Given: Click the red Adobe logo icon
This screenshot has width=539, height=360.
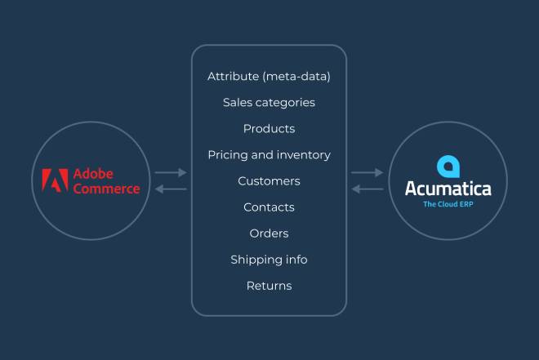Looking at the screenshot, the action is pyautogui.click(x=55, y=180).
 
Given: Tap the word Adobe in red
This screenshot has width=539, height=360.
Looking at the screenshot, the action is pyautogui.click(x=93, y=174).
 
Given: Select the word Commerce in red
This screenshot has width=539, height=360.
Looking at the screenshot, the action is pyautogui.click(x=106, y=189).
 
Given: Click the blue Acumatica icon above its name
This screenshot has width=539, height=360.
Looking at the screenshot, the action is pyautogui.click(x=448, y=167).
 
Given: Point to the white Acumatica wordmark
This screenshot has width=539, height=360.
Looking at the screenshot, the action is pyautogui.click(x=448, y=189).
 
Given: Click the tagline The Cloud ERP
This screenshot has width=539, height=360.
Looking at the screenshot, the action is pyautogui.click(x=448, y=204).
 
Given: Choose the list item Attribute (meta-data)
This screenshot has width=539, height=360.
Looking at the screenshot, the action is pyautogui.click(x=269, y=76).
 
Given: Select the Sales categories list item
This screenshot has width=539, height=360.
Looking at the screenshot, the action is pyautogui.click(x=269, y=102).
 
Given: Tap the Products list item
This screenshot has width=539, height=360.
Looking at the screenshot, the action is pyautogui.click(x=269, y=128).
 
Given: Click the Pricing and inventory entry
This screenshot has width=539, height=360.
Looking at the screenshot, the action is pyautogui.click(x=269, y=155).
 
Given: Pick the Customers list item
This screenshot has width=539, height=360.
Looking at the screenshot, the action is pyautogui.click(x=269, y=181).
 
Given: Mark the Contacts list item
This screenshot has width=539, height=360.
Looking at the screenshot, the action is pyautogui.click(x=269, y=207).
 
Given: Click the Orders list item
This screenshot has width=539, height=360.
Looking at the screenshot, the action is pyautogui.click(x=269, y=233).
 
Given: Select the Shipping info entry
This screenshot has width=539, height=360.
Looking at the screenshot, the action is pyautogui.click(x=269, y=260).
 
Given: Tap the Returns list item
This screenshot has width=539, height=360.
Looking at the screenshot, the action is pyautogui.click(x=269, y=286).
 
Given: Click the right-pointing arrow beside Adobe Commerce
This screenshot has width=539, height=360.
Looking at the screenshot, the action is pyautogui.click(x=171, y=172).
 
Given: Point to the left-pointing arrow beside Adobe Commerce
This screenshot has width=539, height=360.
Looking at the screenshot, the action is pyautogui.click(x=171, y=189).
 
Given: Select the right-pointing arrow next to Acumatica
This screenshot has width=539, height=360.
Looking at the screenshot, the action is pyautogui.click(x=367, y=172).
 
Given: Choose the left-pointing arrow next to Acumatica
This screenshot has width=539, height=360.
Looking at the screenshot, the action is pyautogui.click(x=367, y=189).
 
